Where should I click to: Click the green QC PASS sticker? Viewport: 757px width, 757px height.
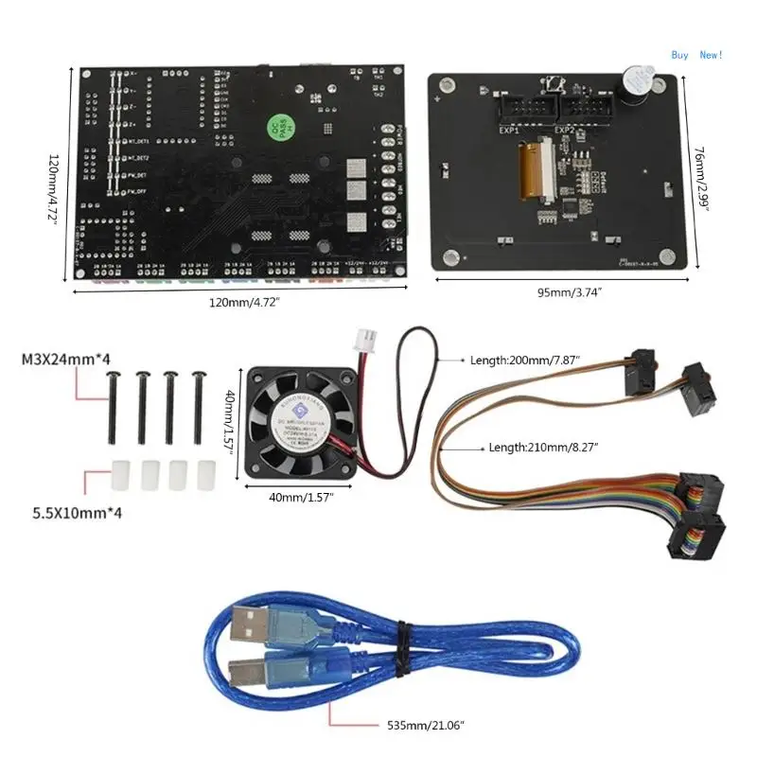[x=271, y=126]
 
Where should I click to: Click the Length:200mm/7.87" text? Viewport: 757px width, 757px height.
[x=526, y=361]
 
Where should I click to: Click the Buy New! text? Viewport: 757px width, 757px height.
[x=696, y=55]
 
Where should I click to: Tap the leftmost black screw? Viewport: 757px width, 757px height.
[x=114, y=406]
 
